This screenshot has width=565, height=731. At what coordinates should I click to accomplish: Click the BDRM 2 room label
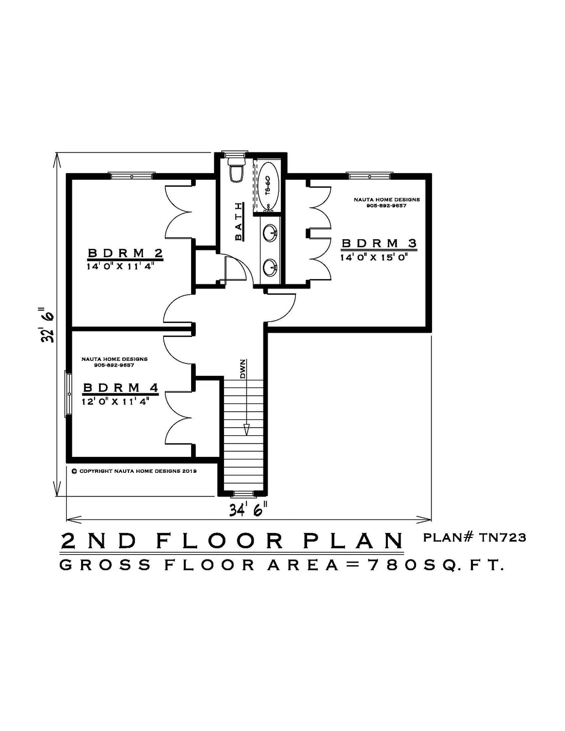coord(125,253)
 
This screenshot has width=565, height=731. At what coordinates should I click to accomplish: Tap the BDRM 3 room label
coord(379,243)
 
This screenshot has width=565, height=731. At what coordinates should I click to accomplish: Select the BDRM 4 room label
coord(121,388)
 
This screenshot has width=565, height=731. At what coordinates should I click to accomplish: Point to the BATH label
coord(239,221)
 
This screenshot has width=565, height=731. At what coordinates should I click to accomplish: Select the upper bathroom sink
coord(270,233)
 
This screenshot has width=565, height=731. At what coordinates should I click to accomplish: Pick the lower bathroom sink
coord(270,267)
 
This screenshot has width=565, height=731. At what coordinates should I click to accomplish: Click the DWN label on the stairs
coord(243,369)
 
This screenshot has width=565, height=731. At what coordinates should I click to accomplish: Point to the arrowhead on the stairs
coord(247,430)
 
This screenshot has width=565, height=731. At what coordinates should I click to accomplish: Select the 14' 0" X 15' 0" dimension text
coord(374,258)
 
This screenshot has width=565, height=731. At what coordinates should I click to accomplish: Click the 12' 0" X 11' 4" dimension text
coord(116,401)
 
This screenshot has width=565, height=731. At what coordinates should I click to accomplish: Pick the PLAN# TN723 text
coord(474,538)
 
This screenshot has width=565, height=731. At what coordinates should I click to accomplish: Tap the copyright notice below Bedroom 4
coord(134,471)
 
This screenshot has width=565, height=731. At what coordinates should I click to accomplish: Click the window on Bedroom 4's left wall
coord(68,394)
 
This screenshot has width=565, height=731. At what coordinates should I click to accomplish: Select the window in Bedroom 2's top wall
coord(131,176)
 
